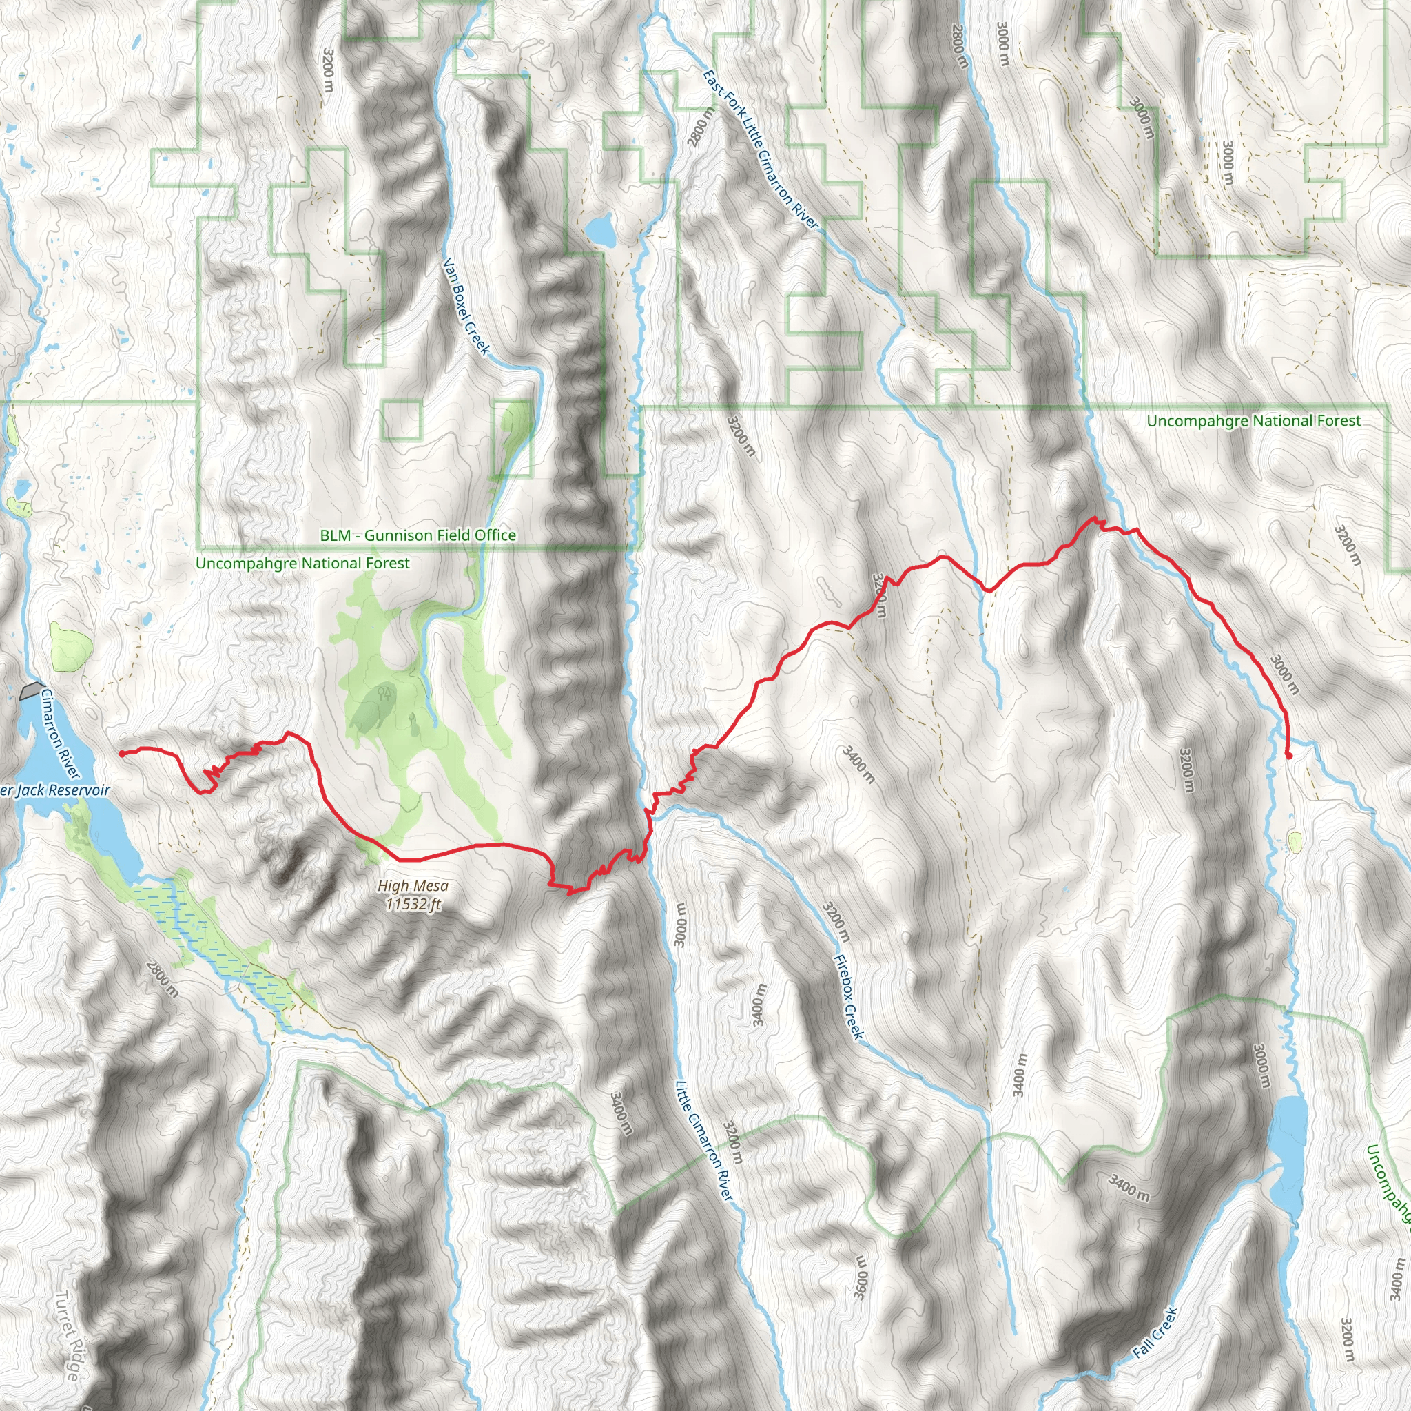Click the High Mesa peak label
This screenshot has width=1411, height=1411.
click(x=413, y=886)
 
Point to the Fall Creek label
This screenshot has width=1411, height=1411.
click(x=1155, y=1333)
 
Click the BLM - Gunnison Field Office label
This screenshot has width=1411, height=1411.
click(x=418, y=535)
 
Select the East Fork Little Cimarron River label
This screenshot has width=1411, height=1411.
click(x=761, y=150)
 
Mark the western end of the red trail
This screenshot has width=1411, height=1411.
click(x=121, y=753)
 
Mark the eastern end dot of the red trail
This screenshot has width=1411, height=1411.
click(x=1288, y=756)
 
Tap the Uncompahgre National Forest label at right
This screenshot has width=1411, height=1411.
click(x=1253, y=422)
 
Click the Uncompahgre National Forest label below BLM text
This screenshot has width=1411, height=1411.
click(x=302, y=563)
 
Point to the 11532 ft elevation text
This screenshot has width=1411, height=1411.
click(x=413, y=905)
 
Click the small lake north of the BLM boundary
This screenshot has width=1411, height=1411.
click(x=601, y=231)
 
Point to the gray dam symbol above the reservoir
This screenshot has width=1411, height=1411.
click(x=31, y=690)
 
